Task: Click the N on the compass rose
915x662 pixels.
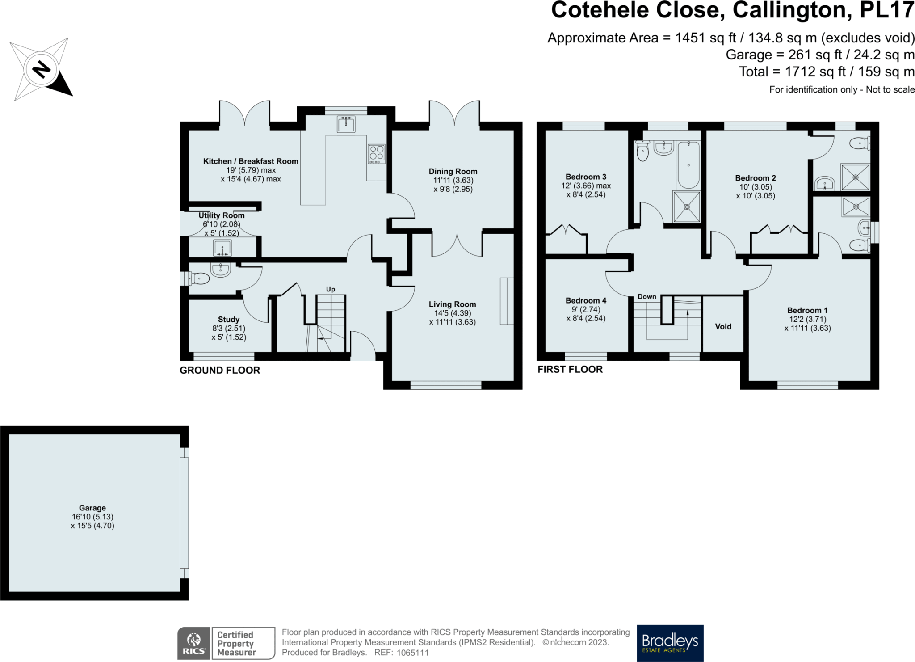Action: (42, 69)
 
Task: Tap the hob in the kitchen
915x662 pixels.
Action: (376, 153)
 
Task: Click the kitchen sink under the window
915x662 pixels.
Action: (346, 124)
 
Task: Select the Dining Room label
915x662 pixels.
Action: (453, 171)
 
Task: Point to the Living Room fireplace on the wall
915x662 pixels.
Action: (507, 301)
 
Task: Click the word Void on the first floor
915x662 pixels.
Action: (723, 326)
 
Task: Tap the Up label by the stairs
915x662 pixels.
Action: (330, 289)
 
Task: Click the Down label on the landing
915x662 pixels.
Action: (646, 296)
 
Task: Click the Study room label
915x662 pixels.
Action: (228, 319)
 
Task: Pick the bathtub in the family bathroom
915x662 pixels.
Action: (688, 164)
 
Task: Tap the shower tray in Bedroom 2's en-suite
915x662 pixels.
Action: (856, 177)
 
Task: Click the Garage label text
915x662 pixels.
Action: (92, 508)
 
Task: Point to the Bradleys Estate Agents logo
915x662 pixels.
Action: (670, 643)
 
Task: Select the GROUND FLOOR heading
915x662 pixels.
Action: (220, 370)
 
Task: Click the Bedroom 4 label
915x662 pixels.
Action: (586, 300)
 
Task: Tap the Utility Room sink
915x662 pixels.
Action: (222, 248)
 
